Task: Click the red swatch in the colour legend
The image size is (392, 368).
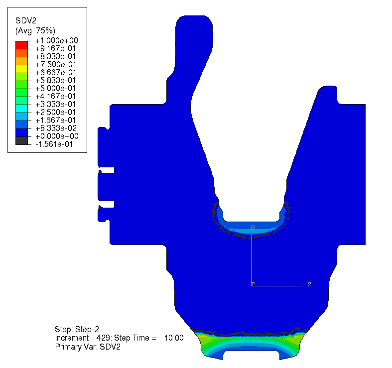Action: click(x=21, y=45)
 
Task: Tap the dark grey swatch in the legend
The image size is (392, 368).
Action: click(x=21, y=140)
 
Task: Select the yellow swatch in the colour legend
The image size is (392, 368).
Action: click(x=21, y=69)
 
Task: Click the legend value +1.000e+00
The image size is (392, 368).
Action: click(x=57, y=40)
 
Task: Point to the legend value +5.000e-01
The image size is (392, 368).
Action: click(x=55, y=88)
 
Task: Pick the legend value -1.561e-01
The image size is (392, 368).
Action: click(x=54, y=144)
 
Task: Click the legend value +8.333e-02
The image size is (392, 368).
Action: click(x=56, y=128)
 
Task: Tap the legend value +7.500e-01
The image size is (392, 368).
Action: click(x=55, y=65)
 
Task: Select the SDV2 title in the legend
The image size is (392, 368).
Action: click(x=26, y=20)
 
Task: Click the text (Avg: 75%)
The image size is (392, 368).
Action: click(x=35, y=30)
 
